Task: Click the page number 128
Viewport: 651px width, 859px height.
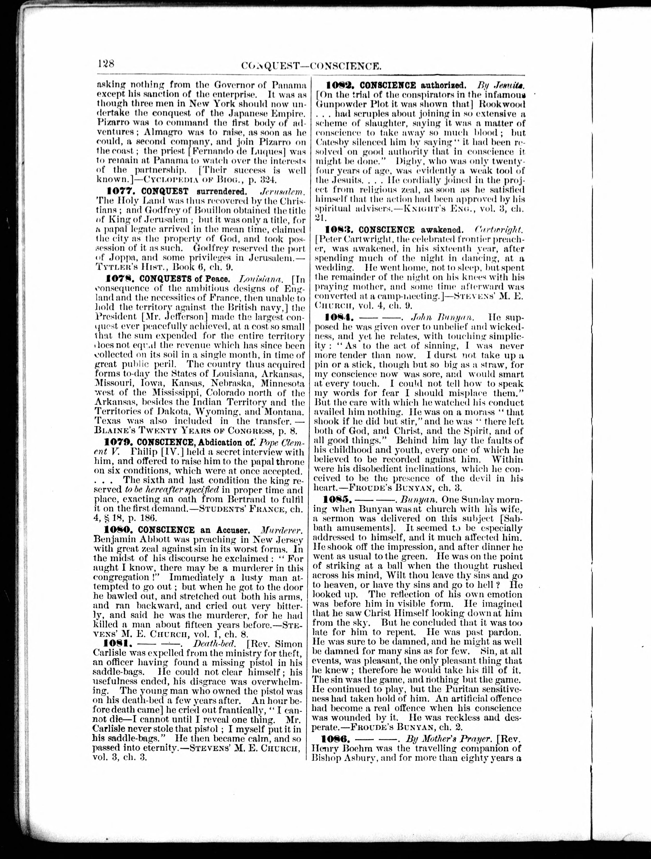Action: pos(106,63)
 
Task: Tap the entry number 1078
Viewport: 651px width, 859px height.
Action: pos(121,279)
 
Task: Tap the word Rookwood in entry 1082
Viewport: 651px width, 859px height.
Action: pos(502,104)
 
